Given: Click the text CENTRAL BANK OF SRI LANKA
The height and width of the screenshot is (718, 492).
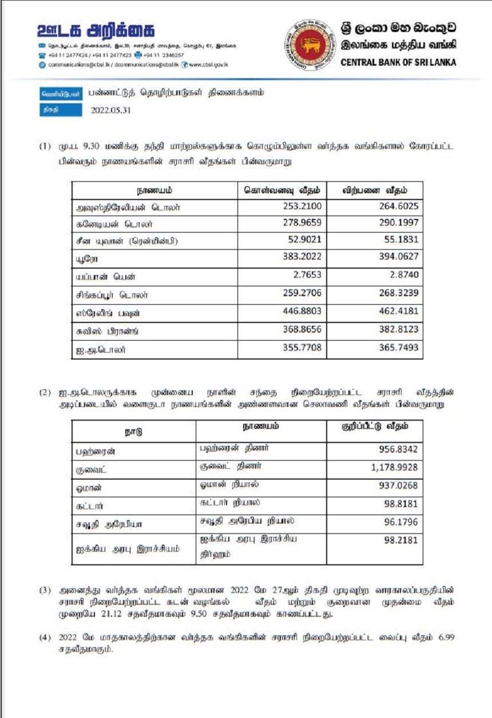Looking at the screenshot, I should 398,63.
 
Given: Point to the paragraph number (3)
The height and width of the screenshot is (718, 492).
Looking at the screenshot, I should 45,589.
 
